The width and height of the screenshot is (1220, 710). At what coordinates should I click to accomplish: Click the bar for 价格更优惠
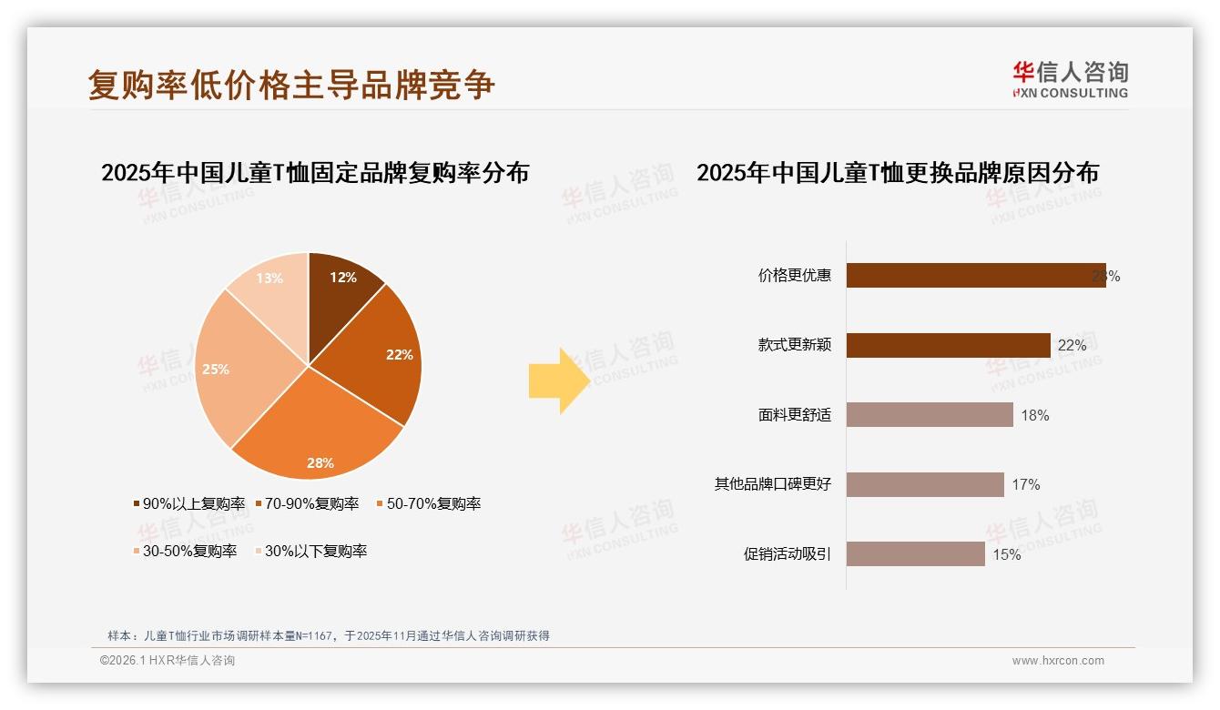point(975,276)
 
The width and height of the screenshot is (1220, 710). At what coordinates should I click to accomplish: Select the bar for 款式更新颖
point(948,345)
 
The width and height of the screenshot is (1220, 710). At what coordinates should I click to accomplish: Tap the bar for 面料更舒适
point(930,415)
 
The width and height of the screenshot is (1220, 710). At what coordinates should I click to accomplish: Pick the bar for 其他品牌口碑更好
point(925,484)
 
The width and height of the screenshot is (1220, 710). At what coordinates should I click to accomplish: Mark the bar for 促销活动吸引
point(915,553)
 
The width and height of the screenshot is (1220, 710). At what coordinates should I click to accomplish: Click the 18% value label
point(1035,415)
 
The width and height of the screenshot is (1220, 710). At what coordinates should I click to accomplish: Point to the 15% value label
point(1006,554)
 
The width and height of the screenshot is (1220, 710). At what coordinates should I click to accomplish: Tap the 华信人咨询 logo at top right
point(1070,80)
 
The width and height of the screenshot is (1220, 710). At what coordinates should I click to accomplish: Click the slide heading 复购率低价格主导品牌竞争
point(291,85)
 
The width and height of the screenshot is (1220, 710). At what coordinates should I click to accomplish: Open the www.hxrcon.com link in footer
point(1058,661)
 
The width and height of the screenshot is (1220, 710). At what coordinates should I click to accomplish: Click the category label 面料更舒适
point(794,415)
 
